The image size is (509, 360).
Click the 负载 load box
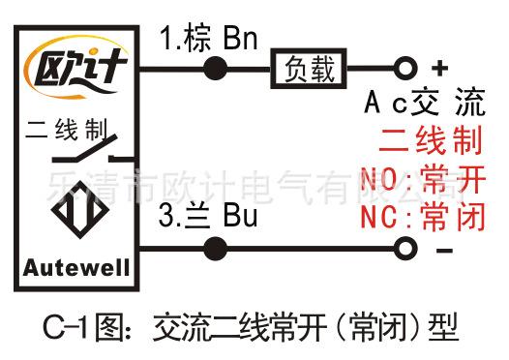309,69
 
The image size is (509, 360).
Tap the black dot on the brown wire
215,69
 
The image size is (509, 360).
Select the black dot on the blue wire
215,249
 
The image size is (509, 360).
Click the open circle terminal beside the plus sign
405,69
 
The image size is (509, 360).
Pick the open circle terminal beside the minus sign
405,249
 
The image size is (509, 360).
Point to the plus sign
440,68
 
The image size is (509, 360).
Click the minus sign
444,251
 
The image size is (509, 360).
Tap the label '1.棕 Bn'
209,39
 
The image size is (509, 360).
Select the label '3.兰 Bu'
208,216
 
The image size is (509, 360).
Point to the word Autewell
76,268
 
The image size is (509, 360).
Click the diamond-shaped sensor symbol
80,210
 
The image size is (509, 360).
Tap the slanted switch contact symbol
85,149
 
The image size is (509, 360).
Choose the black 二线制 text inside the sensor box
66,130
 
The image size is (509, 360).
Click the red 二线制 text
431,140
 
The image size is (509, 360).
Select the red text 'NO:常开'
423,178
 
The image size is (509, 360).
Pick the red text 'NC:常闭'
423,216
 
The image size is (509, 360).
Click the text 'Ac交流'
425,102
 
